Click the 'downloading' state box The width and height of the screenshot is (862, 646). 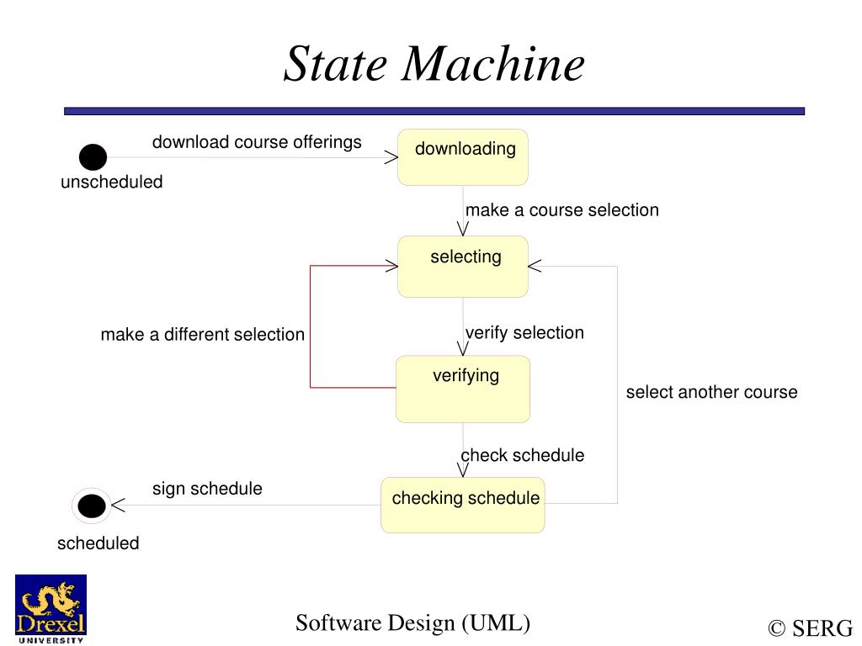[463, 157]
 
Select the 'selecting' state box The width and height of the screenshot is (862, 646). [463, 267]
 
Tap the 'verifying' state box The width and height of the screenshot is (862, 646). [463, 389]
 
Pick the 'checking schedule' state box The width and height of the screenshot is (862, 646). [463, 505]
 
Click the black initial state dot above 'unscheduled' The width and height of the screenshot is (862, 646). [93, 157]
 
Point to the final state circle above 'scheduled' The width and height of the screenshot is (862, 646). [92, 506]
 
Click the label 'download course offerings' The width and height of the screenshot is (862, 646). [257, 142]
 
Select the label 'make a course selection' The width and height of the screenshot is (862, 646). [562, 210]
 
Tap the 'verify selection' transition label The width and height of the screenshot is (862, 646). [524, 333]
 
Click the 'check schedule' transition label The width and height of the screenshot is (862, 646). [522, 455]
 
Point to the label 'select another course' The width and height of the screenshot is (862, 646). [711, 392]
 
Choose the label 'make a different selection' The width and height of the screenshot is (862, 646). [202, 335]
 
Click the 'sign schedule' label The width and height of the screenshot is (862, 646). [207, 489]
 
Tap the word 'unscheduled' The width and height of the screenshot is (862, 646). [111, 183]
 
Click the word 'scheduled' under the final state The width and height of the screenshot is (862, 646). [98, 543]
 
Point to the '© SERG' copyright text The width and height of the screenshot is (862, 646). [810, 628]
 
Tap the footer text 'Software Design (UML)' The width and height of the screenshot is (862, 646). [412, 623]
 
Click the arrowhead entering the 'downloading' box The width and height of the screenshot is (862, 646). [391, 157]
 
